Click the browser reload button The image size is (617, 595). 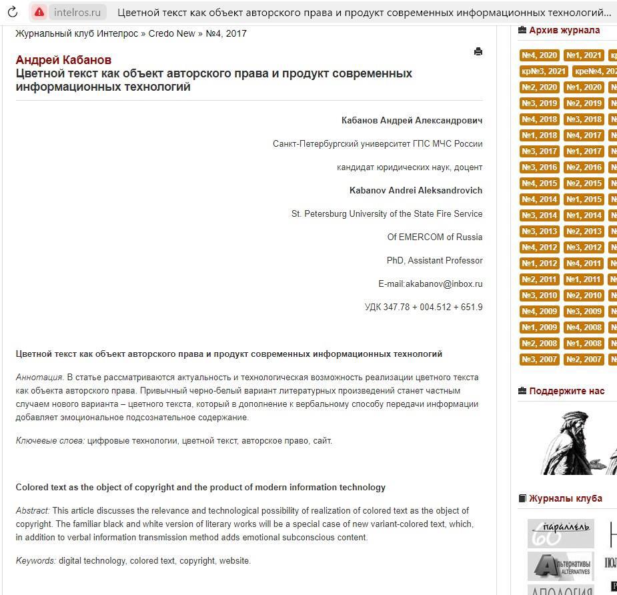coord(12,12)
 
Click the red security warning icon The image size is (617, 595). coord(39,12)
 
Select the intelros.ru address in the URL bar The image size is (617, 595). coord(77,12)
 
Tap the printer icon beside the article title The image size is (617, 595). coord(478,51)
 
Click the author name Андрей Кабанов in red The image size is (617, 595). coord(63,60)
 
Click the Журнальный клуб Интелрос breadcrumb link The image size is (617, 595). coord(77,33)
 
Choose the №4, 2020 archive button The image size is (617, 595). coord(539,55)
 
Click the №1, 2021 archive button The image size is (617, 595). coord(583,55)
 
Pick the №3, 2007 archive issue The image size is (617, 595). coord(539,360)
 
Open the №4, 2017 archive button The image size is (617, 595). coord(583,135)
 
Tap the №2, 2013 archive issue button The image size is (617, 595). coord(583,231)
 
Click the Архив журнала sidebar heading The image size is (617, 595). coord(564,30)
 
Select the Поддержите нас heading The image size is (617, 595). coord(566,391)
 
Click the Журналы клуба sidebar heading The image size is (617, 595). coord(565,498)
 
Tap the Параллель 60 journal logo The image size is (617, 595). coord(560,533)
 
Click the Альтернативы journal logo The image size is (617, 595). coord(560,566)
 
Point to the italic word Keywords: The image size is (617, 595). coord(36,561)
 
